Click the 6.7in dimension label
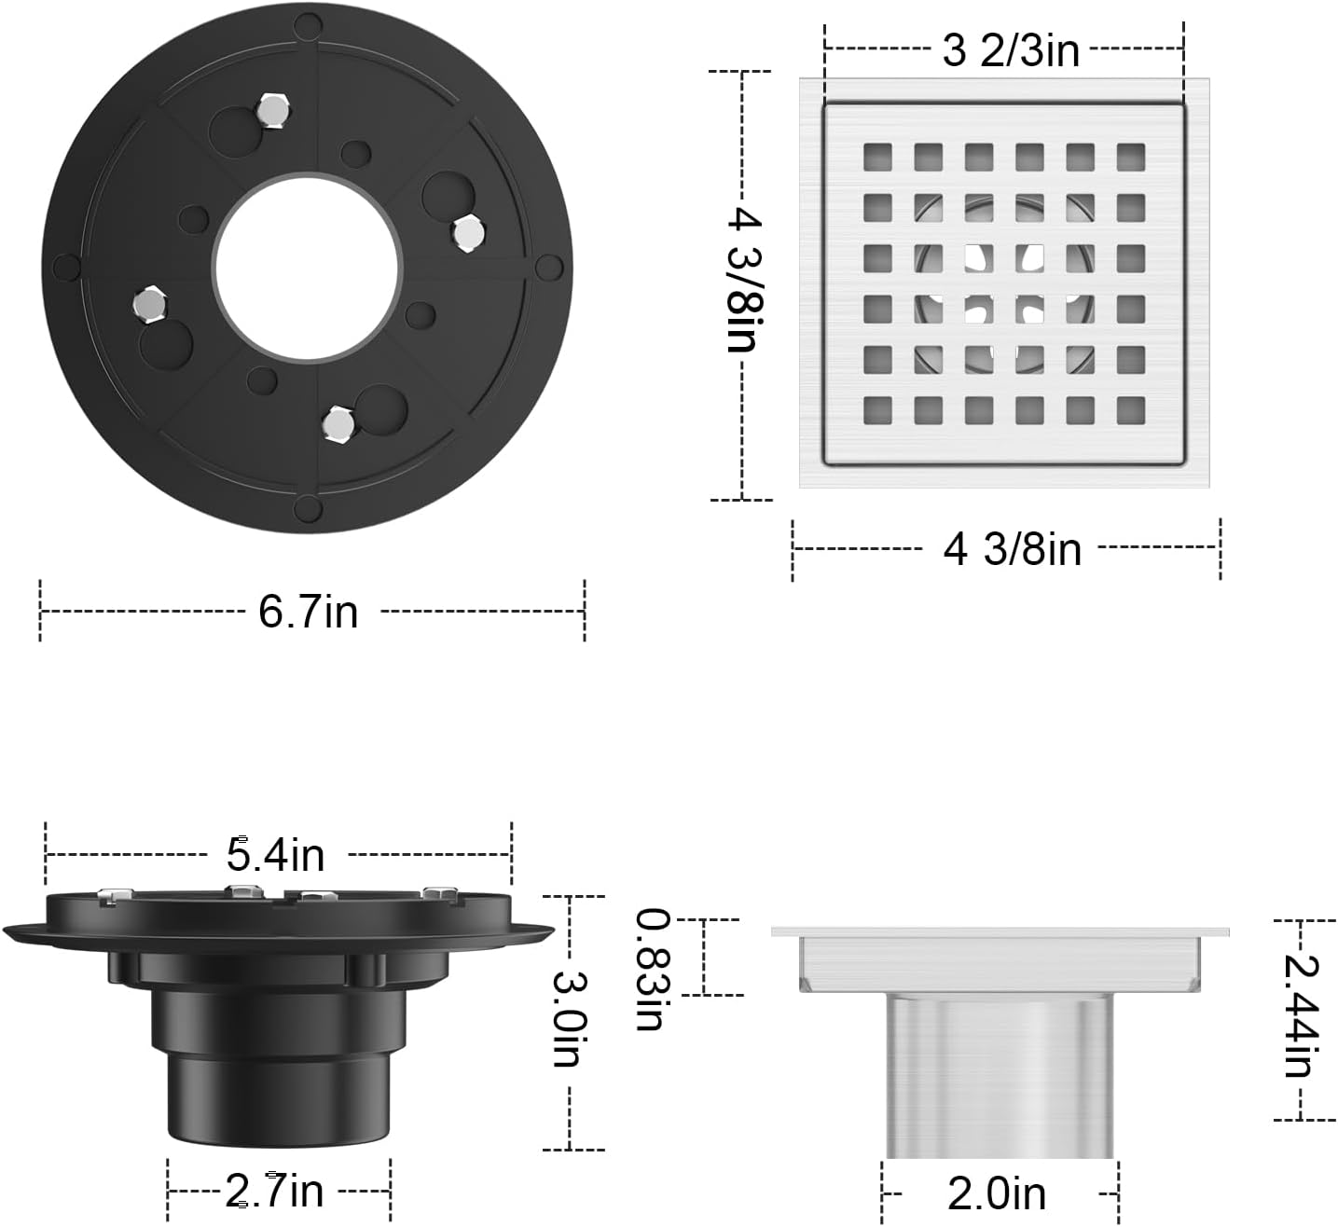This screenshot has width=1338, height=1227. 308,612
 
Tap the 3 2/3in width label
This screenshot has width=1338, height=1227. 1011,50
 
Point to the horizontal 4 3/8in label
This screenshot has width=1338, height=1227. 1012,550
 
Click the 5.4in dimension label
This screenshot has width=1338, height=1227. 275,855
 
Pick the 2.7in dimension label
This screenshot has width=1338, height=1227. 274,1191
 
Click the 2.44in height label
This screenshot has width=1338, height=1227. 1301,1015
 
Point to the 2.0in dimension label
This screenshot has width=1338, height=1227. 997,1194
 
